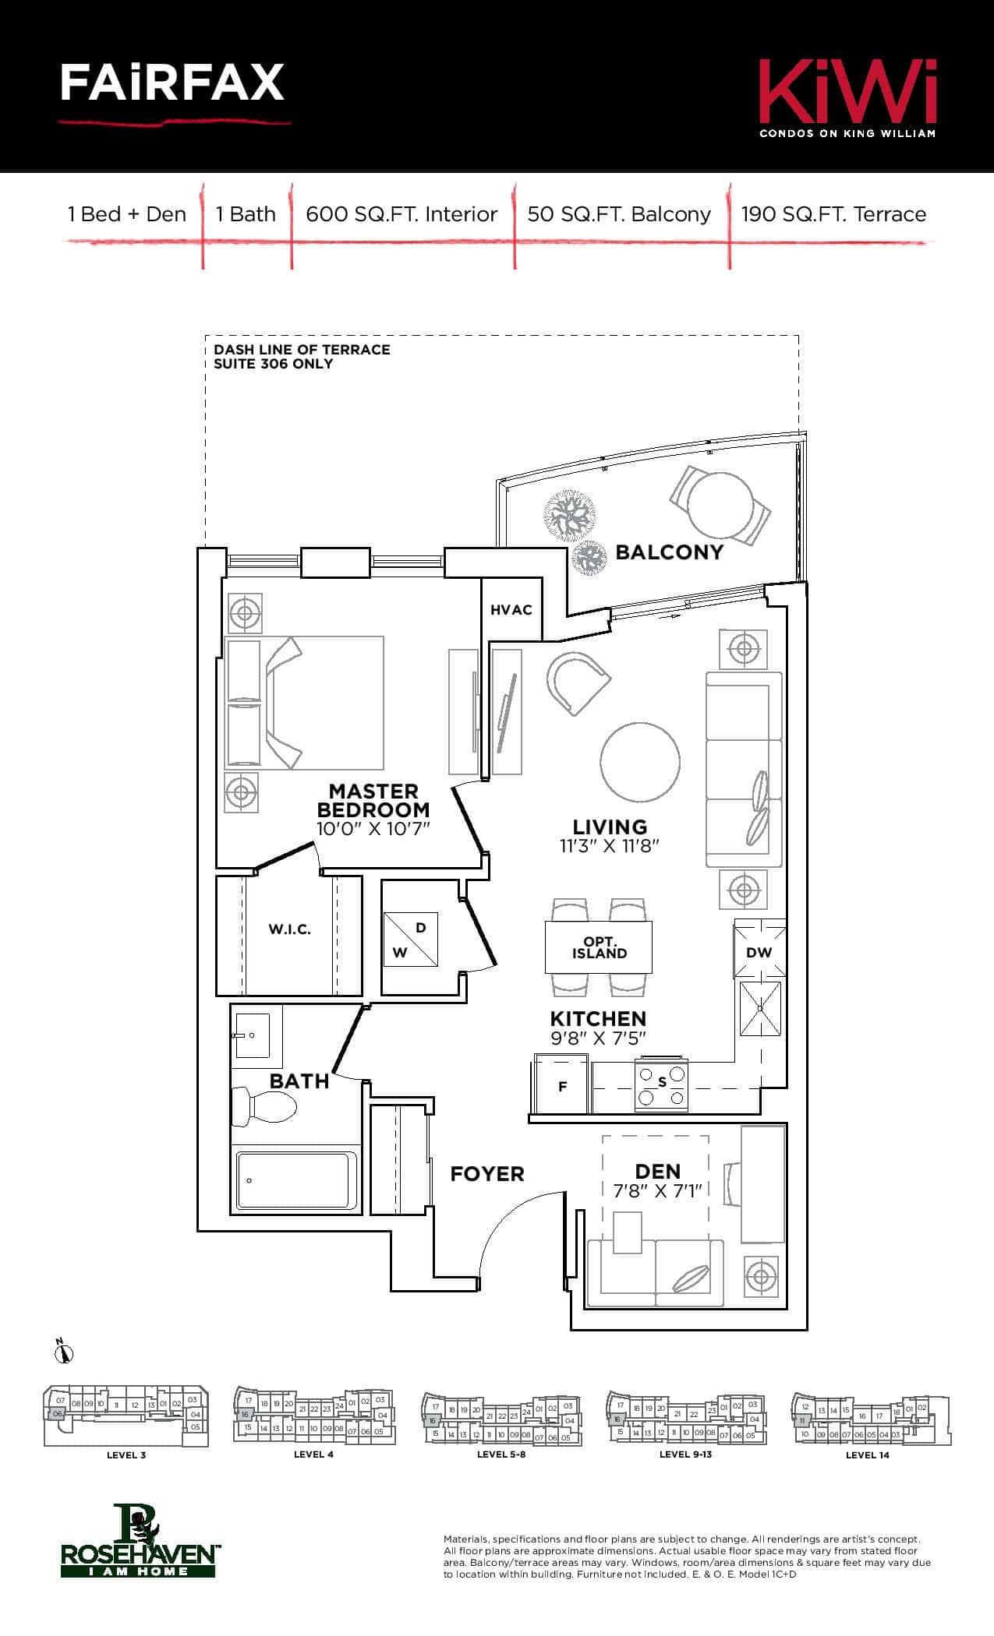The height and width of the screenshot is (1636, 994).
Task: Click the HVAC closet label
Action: (x=511, y=610)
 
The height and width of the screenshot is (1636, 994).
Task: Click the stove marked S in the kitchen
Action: (x=663, y=1082)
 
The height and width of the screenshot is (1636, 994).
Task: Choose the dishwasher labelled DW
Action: (x=759, y=951)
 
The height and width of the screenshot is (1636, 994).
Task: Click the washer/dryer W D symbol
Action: (x=411, y=940)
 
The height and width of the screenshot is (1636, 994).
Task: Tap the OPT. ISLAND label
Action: (x=599, y=947)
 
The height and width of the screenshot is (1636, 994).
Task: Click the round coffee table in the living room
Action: (x=640, y=762)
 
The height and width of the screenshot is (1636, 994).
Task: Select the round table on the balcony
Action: (x=720, y=504)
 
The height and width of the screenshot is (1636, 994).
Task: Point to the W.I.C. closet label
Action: (x=289, y=929)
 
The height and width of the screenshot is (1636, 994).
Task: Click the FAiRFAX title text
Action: (x=172, y=83)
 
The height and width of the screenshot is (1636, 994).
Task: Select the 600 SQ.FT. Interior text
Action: (x=401, y=214)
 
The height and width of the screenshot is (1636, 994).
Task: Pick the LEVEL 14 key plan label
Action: (x=867, y=1454)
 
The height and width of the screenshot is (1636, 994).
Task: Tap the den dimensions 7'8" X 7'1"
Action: (x=658, y=1190)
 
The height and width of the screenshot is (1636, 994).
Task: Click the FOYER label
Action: (x=487, y=1173)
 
